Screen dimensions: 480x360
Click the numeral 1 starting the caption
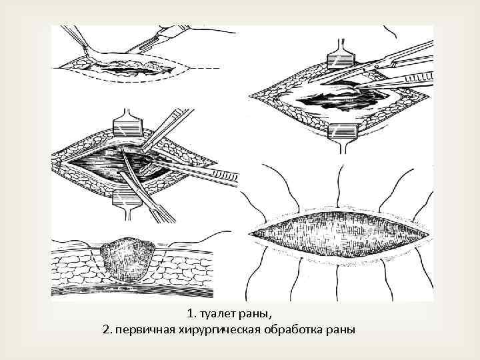click(x=190, y=314)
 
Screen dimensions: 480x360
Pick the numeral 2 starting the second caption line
click(x=106, y=330)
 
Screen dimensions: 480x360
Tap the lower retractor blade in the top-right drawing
click(x=342, y=131)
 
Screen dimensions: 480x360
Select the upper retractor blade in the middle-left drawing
click(x=128, y=127)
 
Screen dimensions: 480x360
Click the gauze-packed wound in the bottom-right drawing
click(x=339, y=235)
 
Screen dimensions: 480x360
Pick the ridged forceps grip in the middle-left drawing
click(x=226, y=175)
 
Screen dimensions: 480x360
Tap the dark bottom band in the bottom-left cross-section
click(x=132, y=291)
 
